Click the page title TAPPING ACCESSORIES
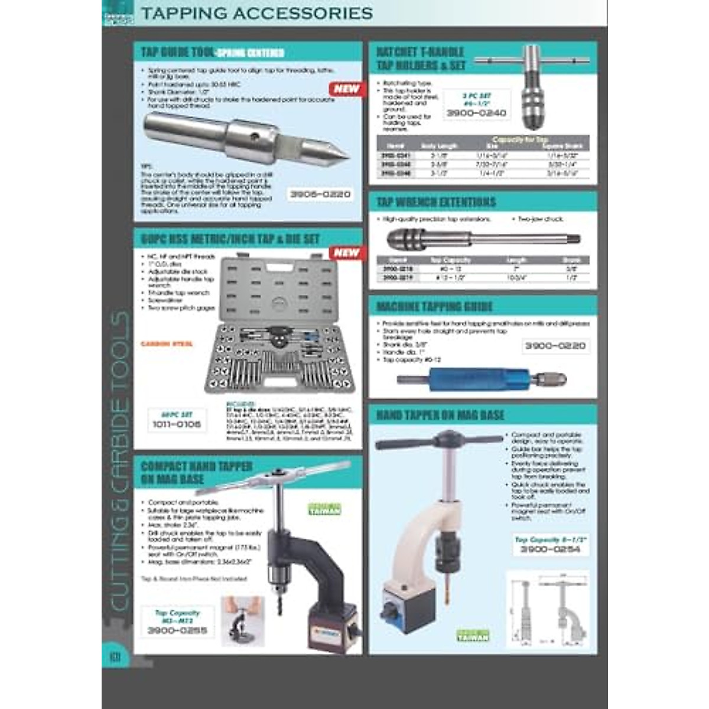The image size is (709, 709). click(x=256, y=13)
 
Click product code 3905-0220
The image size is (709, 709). click(x=320, y=194)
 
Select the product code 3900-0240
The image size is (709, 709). click(x=476, y=112)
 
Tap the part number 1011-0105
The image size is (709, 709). click(x=177, y=424)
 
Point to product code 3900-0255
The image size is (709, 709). click(x=177, y=630)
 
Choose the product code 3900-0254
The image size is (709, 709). click(x=550, y=549)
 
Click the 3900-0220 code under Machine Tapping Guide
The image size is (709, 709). click(x=555, y=346)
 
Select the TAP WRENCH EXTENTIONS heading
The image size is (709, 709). click(x=436, y=202)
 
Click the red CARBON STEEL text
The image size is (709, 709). click(x=167, y=344)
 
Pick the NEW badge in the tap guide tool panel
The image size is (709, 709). click(x=346, y=89)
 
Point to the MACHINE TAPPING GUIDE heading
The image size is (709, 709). click(x=434, y=306)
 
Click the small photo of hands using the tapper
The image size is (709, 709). click(x=243, y=620)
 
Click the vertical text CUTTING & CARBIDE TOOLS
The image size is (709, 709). click(x=120, y=461)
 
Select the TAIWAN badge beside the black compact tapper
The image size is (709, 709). click(x=324, y=510)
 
